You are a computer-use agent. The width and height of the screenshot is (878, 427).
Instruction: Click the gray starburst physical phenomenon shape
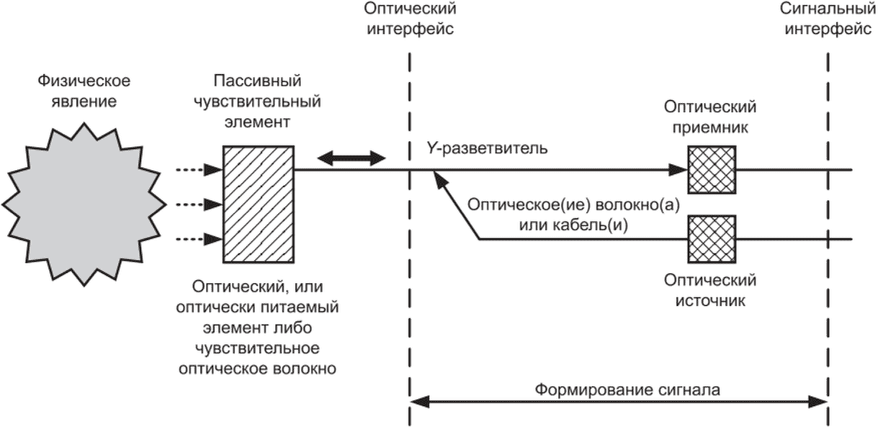click(x=84, y=204)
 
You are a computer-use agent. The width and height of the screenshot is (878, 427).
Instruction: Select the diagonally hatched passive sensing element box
click(x=259, y=204)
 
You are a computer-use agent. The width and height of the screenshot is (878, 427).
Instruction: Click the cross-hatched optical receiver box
click(x=712, y=170)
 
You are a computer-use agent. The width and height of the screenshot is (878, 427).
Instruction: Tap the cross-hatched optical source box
click(x=712, y=239)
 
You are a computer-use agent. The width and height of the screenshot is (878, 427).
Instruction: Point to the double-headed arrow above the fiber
click(x=351, y=158)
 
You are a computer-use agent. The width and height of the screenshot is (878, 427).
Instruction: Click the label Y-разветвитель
click(x=487, y=148)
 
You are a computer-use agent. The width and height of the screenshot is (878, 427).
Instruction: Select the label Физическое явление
click(x=84, y=91)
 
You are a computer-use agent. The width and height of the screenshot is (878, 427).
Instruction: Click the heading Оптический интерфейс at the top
click(x=410, y=19)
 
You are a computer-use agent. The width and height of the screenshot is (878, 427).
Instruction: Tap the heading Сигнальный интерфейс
click(x=828, y=19)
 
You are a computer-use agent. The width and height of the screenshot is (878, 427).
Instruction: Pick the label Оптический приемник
click(x=710, y=117)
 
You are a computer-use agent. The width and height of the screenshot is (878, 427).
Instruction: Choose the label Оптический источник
click(x=710, y=291)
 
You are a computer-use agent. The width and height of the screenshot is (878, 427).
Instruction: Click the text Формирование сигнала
click(x=627, y=390)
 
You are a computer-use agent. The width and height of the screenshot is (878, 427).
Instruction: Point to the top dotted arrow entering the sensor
click(x=199, y=170)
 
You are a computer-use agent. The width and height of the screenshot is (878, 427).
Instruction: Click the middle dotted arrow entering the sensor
click(x=199, y=204)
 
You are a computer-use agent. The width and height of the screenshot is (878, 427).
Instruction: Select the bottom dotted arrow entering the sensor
click(x=199, y=239)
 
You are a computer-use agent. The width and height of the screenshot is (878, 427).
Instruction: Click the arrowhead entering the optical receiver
click(x=678, y=170)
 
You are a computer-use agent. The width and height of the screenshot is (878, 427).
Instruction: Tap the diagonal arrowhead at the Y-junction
click(x=440, y=179)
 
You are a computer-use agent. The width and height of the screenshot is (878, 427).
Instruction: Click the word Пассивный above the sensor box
click(x=258, y=81)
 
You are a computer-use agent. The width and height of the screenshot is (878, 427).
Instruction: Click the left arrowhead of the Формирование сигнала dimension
click(x=420, y=402)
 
